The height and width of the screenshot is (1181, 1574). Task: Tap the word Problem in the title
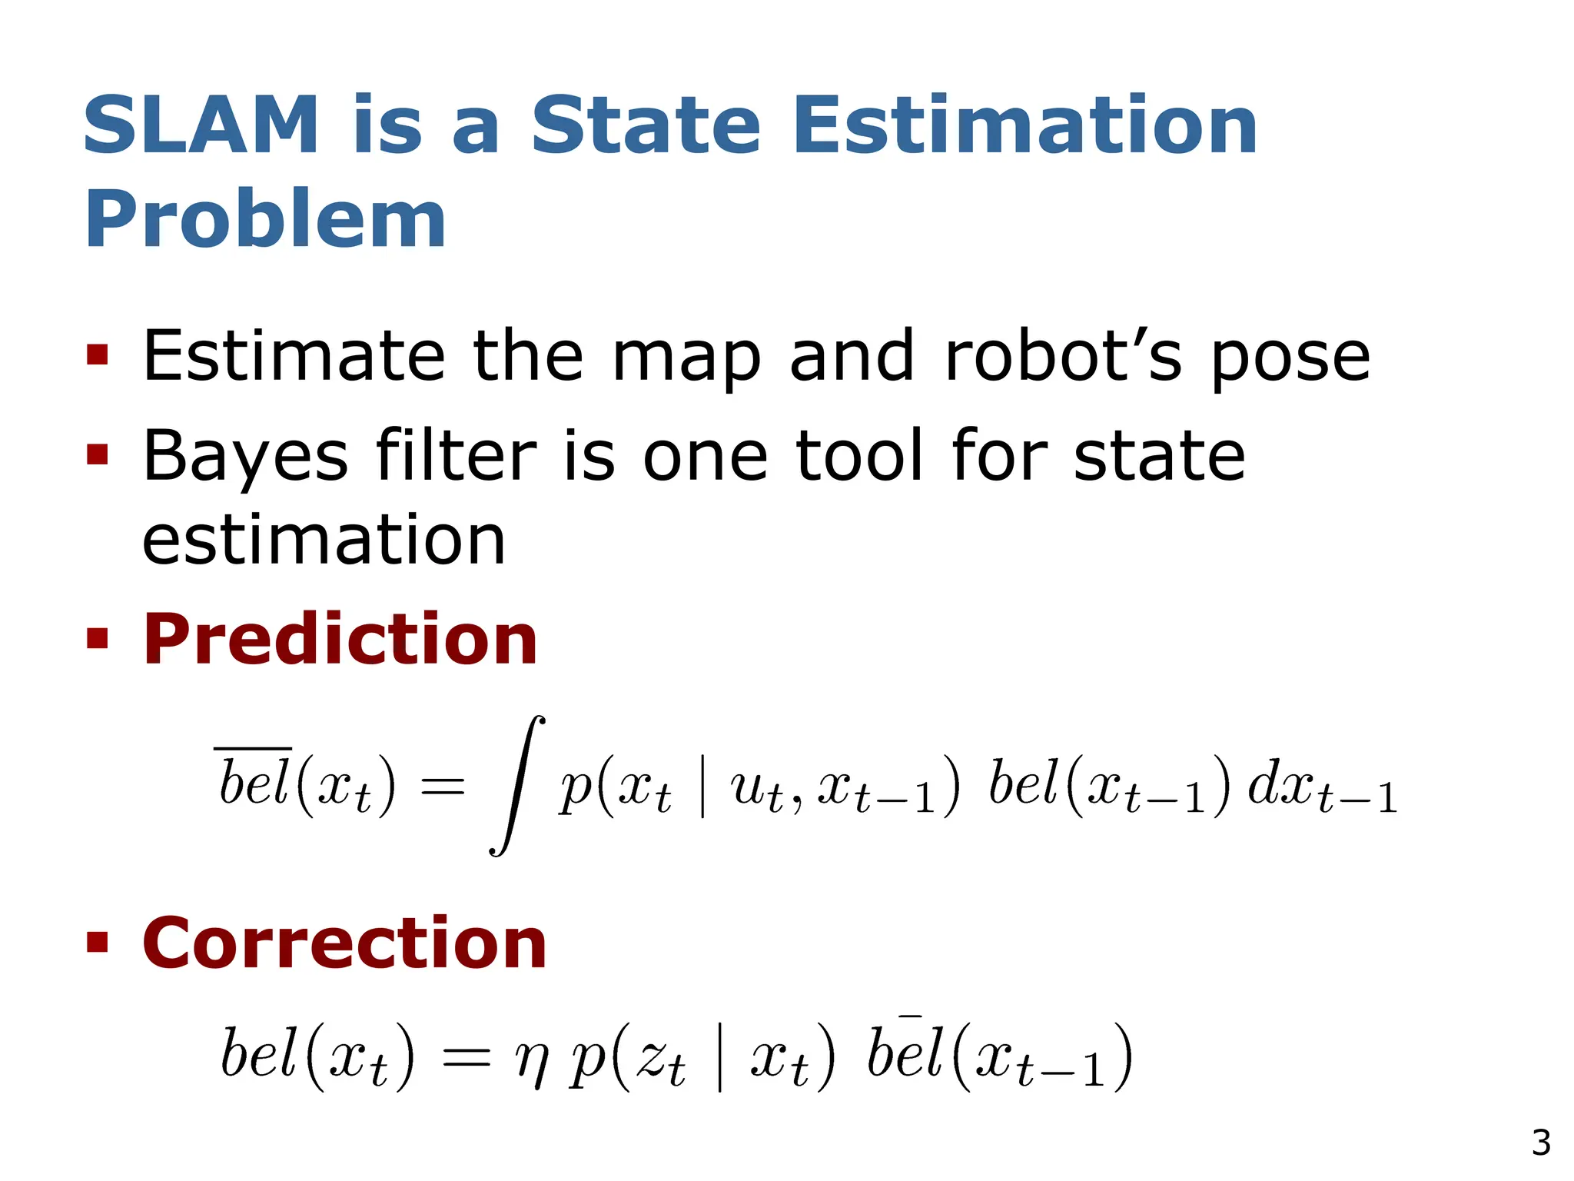(265, 220)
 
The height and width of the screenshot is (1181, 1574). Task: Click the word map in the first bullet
(686, 358)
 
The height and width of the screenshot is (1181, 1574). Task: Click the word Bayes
(246, 457)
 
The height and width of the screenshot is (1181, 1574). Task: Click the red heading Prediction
(340, 640)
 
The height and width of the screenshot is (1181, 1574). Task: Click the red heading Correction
(344, 943)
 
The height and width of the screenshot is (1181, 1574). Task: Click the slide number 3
(1540, 1143)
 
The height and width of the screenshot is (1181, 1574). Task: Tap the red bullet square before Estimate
(98, 355)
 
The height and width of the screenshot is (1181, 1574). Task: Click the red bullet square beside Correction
(98, 942)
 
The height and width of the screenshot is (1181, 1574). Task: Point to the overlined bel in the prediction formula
(254, 780)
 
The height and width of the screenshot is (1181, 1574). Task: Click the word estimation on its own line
(324, 541)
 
